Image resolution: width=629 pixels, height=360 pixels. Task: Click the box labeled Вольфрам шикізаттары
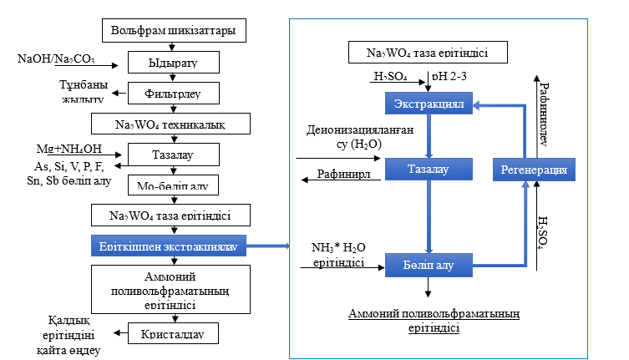[179, 32]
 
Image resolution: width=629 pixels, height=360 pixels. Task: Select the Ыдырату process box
[175, 62]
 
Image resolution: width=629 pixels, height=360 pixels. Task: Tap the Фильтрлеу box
[175, 92]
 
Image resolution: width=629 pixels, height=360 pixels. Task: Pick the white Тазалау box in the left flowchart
[175, 155]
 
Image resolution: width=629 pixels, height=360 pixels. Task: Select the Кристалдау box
[175, 334]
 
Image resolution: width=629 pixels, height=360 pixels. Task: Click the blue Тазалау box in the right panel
[428, 170]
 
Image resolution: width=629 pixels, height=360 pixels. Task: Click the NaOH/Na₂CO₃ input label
[55, 59]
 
